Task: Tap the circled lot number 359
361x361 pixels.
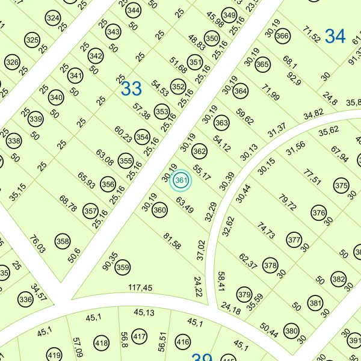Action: coord(123,267)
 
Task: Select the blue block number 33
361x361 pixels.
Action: coord(131,89)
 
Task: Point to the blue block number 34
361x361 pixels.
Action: coord(335,36)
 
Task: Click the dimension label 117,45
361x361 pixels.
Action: coord(141,288)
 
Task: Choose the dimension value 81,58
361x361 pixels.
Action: coord(172,241)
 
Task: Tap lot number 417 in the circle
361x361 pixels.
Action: coord(139,336)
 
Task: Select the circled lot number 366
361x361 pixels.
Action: coord(282,36)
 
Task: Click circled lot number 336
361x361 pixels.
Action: coord(25,299)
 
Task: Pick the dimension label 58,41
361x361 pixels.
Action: coord(221,280)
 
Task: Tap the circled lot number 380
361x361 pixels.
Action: coord(292,331)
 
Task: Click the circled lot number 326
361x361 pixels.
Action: coord(12,62)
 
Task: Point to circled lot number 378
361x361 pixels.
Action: coord(271,265)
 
